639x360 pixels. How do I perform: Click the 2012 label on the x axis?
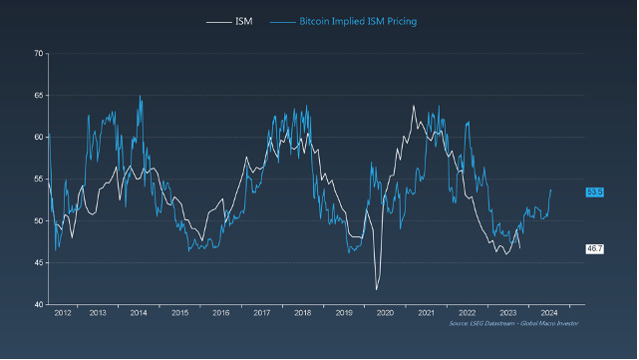(62, 313)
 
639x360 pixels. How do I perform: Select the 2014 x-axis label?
(139, 313)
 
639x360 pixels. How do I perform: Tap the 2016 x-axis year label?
(221, 313)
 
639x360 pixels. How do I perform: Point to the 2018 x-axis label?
(302, 313)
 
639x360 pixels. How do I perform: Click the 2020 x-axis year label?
(384, 313)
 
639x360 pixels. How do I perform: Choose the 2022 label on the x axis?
(467, 313)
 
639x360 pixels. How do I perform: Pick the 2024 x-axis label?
(547, 313)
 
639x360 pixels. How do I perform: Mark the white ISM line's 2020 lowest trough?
(376, 289)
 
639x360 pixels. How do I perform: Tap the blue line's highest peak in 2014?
(140, 97)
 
